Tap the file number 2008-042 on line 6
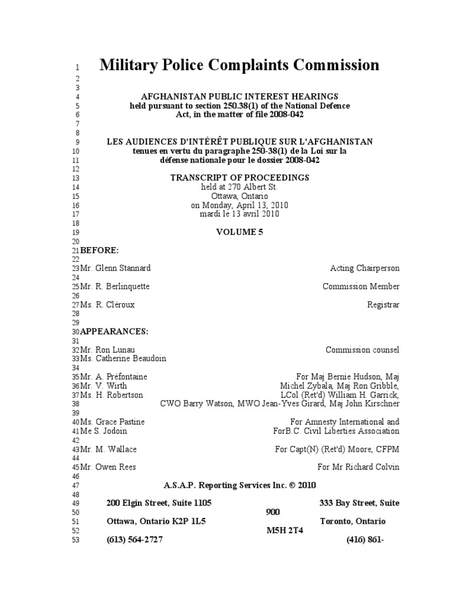click(x=285, y=114)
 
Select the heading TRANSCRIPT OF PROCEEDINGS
click(x=239, y=178)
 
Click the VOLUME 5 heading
click(x=240, y=232)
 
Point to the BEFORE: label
click(x=100, y=250)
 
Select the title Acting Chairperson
click(x=365, y=268)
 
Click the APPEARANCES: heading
click(x=114, y=331)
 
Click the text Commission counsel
click(x=362, y=350)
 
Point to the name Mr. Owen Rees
click(x=108, y=467)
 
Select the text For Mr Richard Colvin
click(x=358, y=467)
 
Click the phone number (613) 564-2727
click(x=134, y=540)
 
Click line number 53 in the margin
click(x=75, y=540)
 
